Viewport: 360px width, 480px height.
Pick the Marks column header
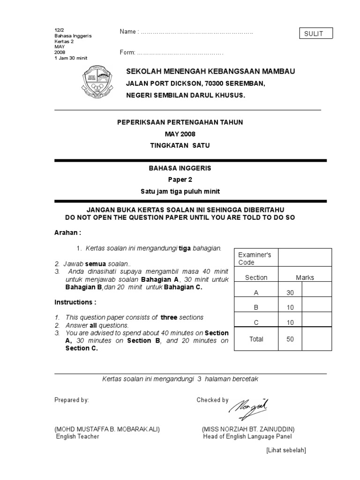click(x=305, y=277)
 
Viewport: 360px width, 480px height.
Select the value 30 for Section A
click(x=290, y=293)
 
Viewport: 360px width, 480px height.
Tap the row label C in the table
click(x=256, y=322)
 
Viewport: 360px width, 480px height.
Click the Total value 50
click(x=290, y=339)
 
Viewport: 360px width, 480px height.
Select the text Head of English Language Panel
click(x=247, y=436)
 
